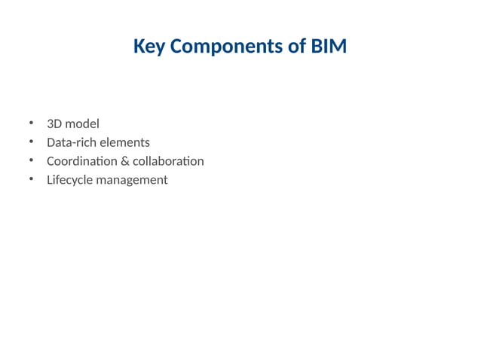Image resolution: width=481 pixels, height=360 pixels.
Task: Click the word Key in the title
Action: click(149, 47)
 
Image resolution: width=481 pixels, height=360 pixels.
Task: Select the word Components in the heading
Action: click(225, 47)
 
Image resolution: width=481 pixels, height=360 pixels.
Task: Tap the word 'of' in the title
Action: click(296, 47)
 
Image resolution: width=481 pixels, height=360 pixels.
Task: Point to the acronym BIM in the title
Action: click(329, 47)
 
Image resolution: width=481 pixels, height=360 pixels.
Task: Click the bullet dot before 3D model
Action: click(32, 123)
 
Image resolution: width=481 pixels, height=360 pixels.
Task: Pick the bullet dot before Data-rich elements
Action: click(32, 142)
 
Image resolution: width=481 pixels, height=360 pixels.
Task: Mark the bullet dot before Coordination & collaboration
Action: click(32, 160)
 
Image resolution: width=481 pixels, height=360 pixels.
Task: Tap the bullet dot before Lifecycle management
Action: click(32, 179)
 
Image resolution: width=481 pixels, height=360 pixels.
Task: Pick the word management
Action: click(132, 181)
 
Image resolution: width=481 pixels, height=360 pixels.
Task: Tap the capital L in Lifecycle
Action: click(49, 180)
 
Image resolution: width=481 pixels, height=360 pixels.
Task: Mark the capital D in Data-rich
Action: click(51, 142)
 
